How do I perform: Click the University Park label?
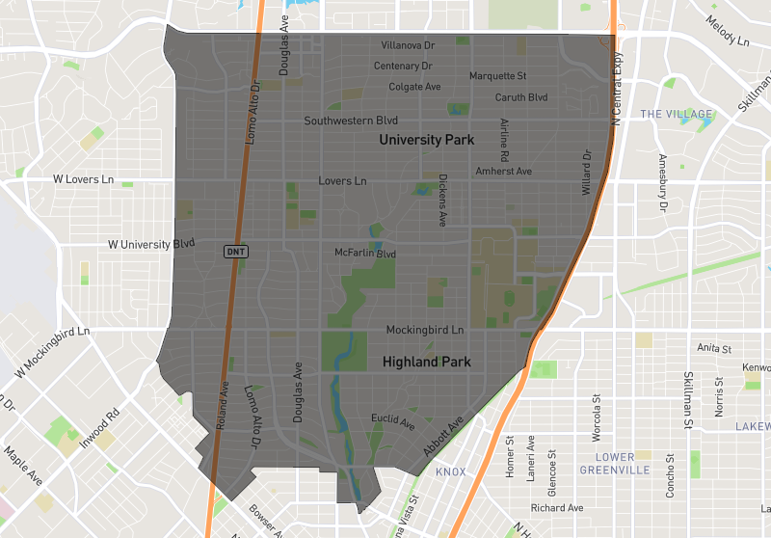[x=426, y=140]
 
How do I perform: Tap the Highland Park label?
[x=426, y=363]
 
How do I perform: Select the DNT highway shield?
[x=236, y=252]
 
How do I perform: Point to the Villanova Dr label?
[x=408, y=45]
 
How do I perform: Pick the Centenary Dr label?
[x=403, y=67]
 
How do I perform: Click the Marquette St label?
[x=497, y=76]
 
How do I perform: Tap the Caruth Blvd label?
[x=520, y=97]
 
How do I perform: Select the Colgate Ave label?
[x=414, y=87]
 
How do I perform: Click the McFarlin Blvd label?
[x=365, y=254]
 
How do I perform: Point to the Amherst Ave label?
[x=503, y=172]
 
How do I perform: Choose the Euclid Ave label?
[x=393, y=421]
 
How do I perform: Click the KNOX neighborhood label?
[x=450, y=471]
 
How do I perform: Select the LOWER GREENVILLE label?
[x=614, y=463]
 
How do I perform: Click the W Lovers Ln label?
[x=83, y=179]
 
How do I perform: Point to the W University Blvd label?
[x=151, y=244]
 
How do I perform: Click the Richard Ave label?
[x=557, y=508]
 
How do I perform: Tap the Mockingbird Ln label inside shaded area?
[x=425, y=330]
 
